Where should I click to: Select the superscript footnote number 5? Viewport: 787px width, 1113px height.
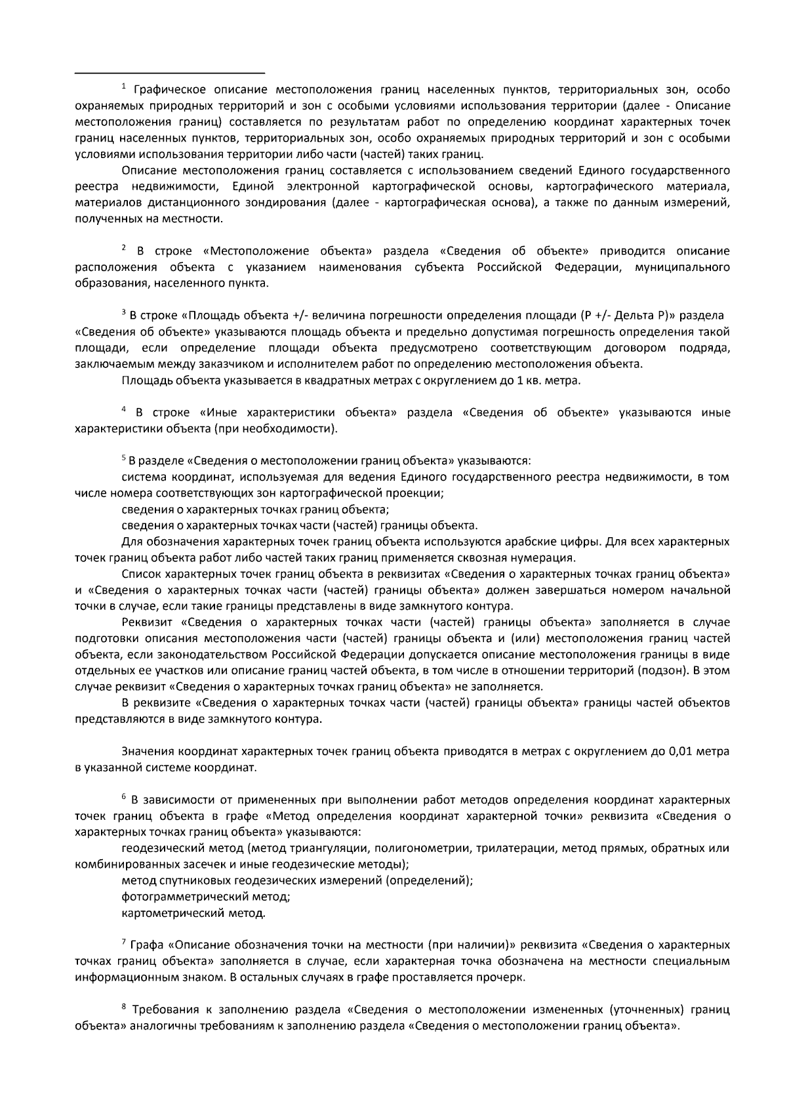(x=123, y=458)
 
